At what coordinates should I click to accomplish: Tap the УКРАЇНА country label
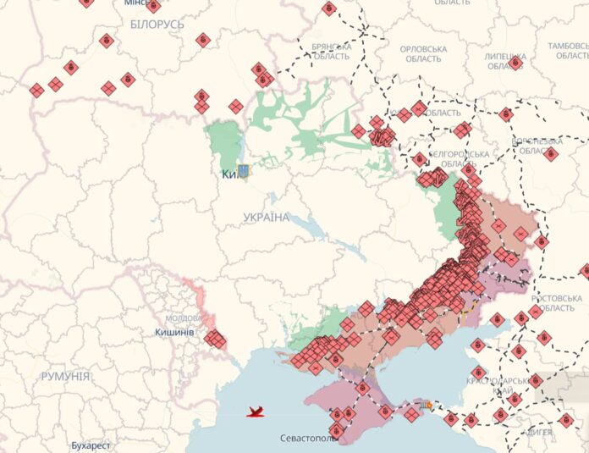coord(266,218)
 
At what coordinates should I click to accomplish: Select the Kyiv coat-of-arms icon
coord(244,171)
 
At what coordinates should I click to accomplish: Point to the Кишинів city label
coord(175,332)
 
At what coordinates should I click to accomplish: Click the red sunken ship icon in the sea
coord(256,412)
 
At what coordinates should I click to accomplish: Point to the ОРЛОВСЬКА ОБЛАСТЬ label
coord(423,53)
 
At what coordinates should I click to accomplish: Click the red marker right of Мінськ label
coord(153,6)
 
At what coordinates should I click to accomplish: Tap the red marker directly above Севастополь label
coord(336,430)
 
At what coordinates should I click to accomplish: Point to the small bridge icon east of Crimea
coord(428,406)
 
